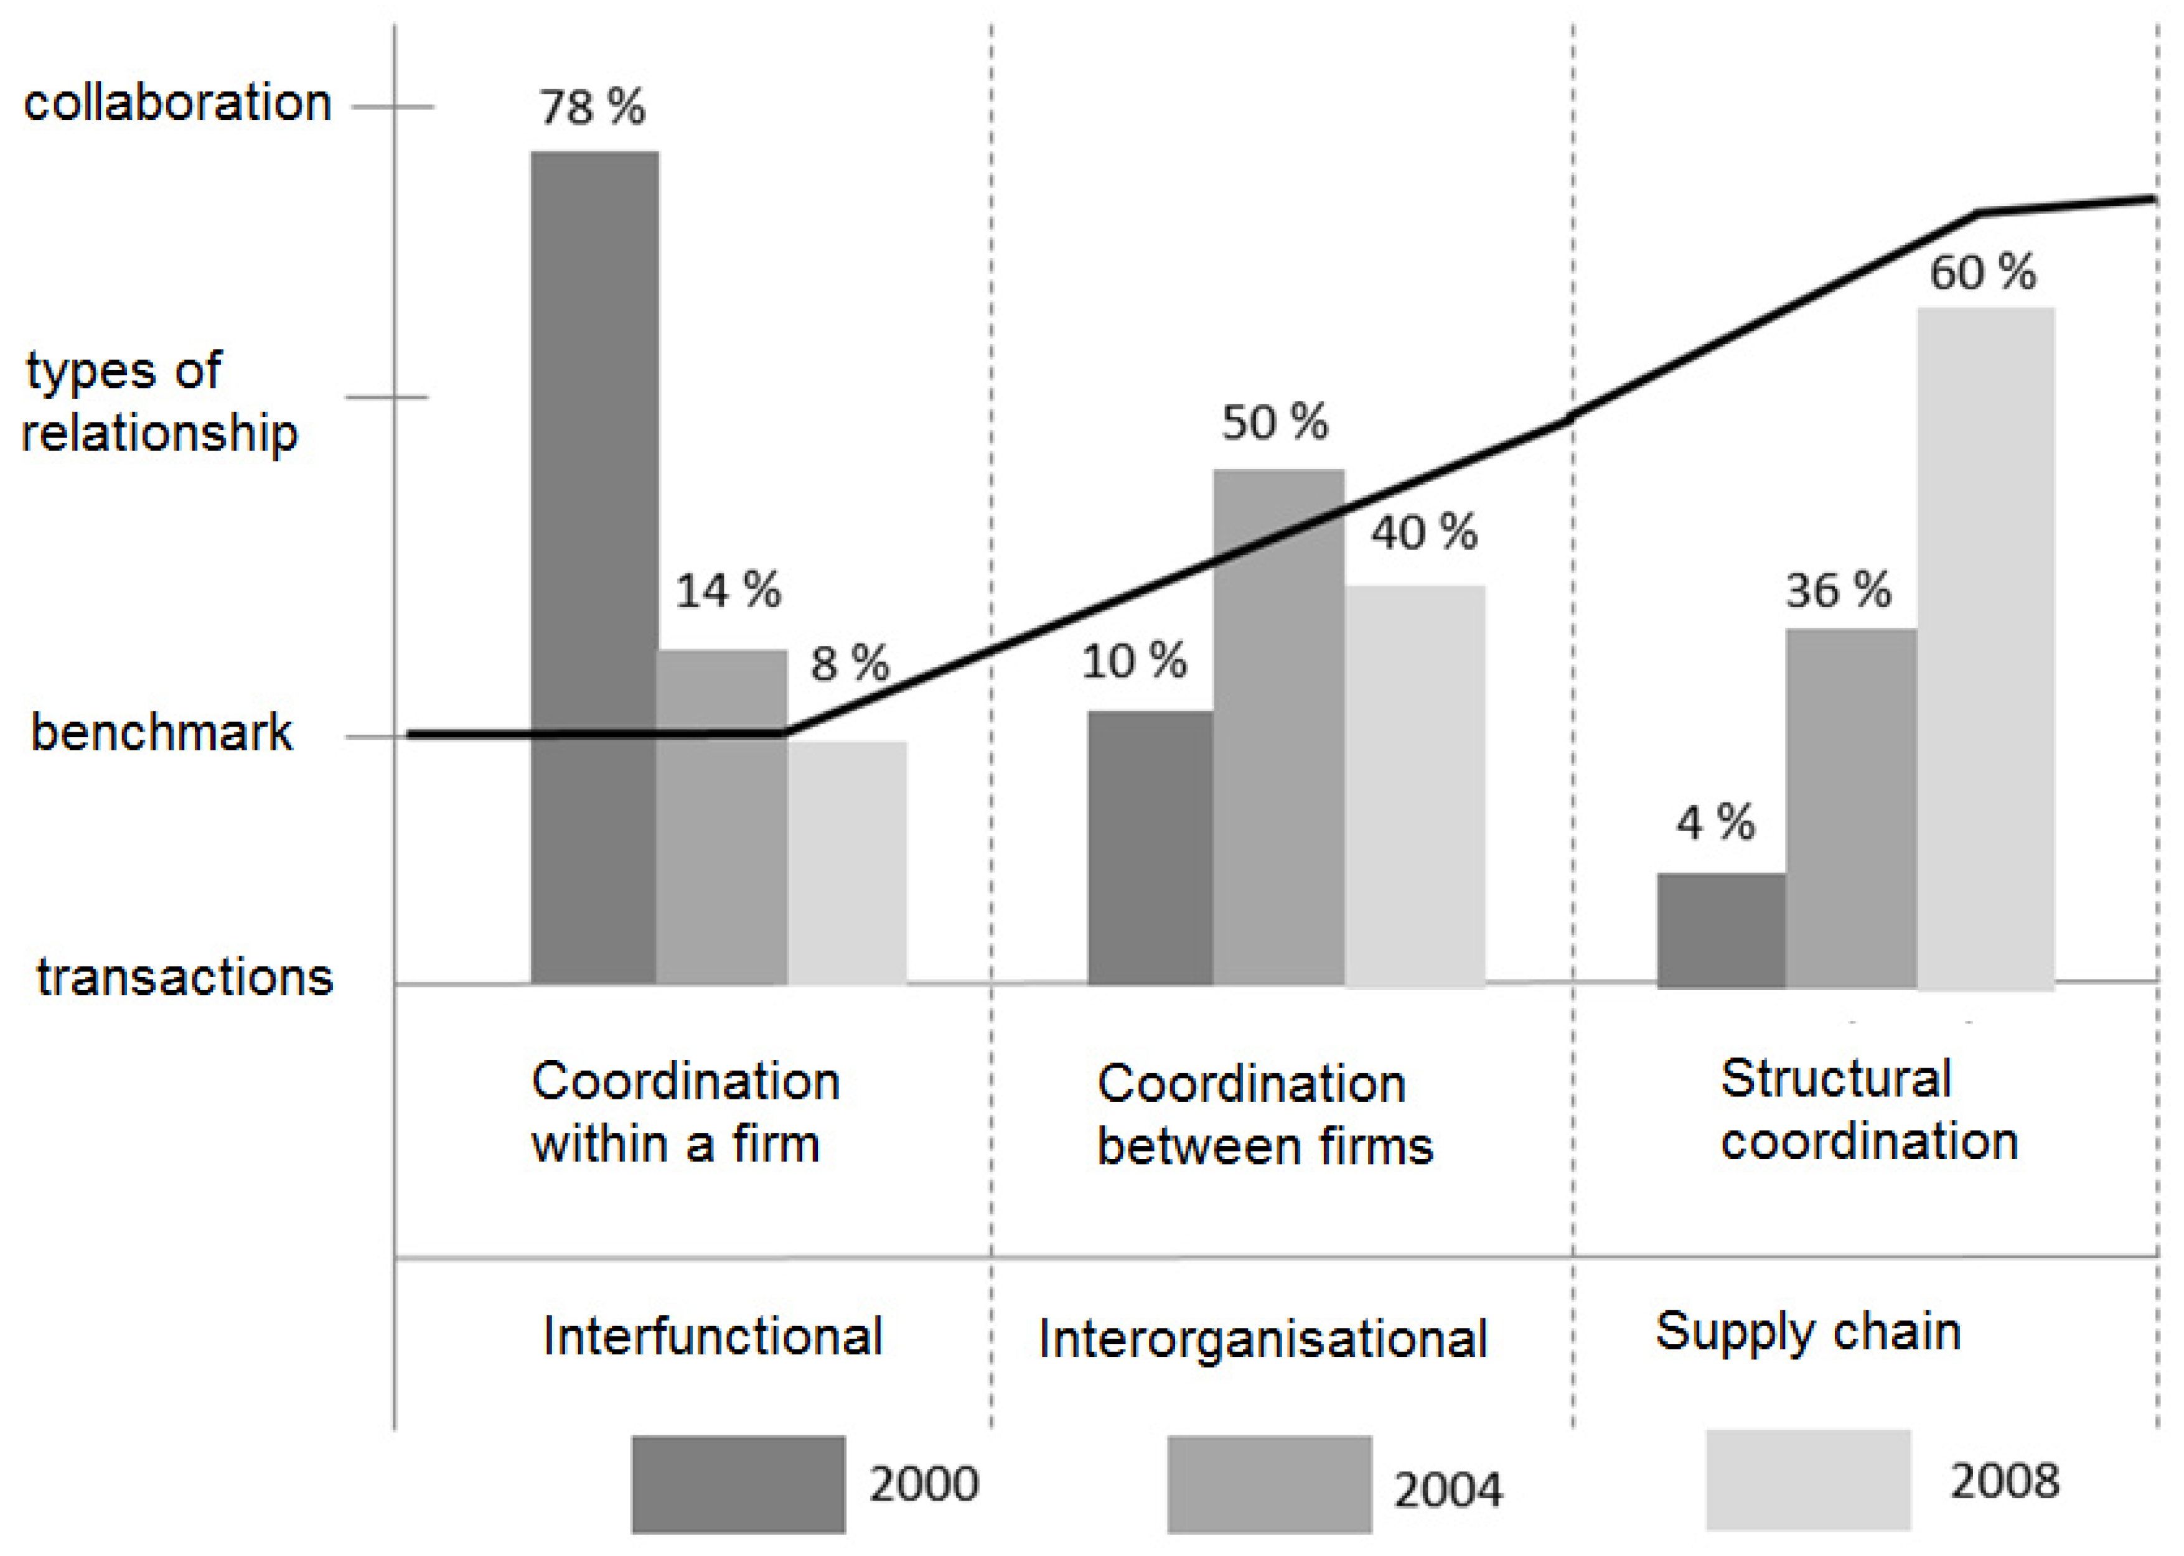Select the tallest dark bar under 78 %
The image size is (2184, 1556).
(x=594, y=566)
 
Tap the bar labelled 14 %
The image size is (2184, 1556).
(x=721, y=814)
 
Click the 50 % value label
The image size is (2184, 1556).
(x=1275, y=422)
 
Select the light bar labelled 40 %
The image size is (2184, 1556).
(x=1415, y=786)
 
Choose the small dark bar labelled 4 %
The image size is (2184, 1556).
(x=1720, y=929)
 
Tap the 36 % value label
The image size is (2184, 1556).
(x=1838, y=590)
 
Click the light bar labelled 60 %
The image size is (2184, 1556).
(x=1985, y=647)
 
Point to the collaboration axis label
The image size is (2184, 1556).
(x=177, y=103)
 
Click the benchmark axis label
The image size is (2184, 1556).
(x=161, y=733)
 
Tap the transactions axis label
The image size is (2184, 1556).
(x=184, y=977)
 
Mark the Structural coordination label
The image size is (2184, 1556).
(x=1868, y=1109)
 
